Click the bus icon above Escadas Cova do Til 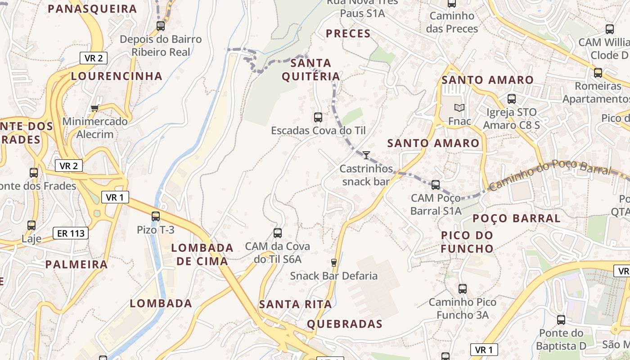[318, 117]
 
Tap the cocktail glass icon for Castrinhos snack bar [366, 155]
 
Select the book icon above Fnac [459, 108]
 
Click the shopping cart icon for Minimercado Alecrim [94, 108]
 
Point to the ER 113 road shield [71, 233]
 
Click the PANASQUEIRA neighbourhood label [92, 9]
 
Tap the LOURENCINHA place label [117, 76]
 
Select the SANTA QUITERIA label [311, 70]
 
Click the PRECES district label [348, 34]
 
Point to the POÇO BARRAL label [516, 219]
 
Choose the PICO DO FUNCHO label [467, 242]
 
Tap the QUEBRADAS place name [345, 324]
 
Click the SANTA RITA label [295, 305]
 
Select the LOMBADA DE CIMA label [202, 254]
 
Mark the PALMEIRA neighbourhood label [76, 265]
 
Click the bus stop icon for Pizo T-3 [156, 216]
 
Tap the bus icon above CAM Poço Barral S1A [436, 184]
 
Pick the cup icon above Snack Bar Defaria [334, 262]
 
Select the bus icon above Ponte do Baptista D [561, 320]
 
